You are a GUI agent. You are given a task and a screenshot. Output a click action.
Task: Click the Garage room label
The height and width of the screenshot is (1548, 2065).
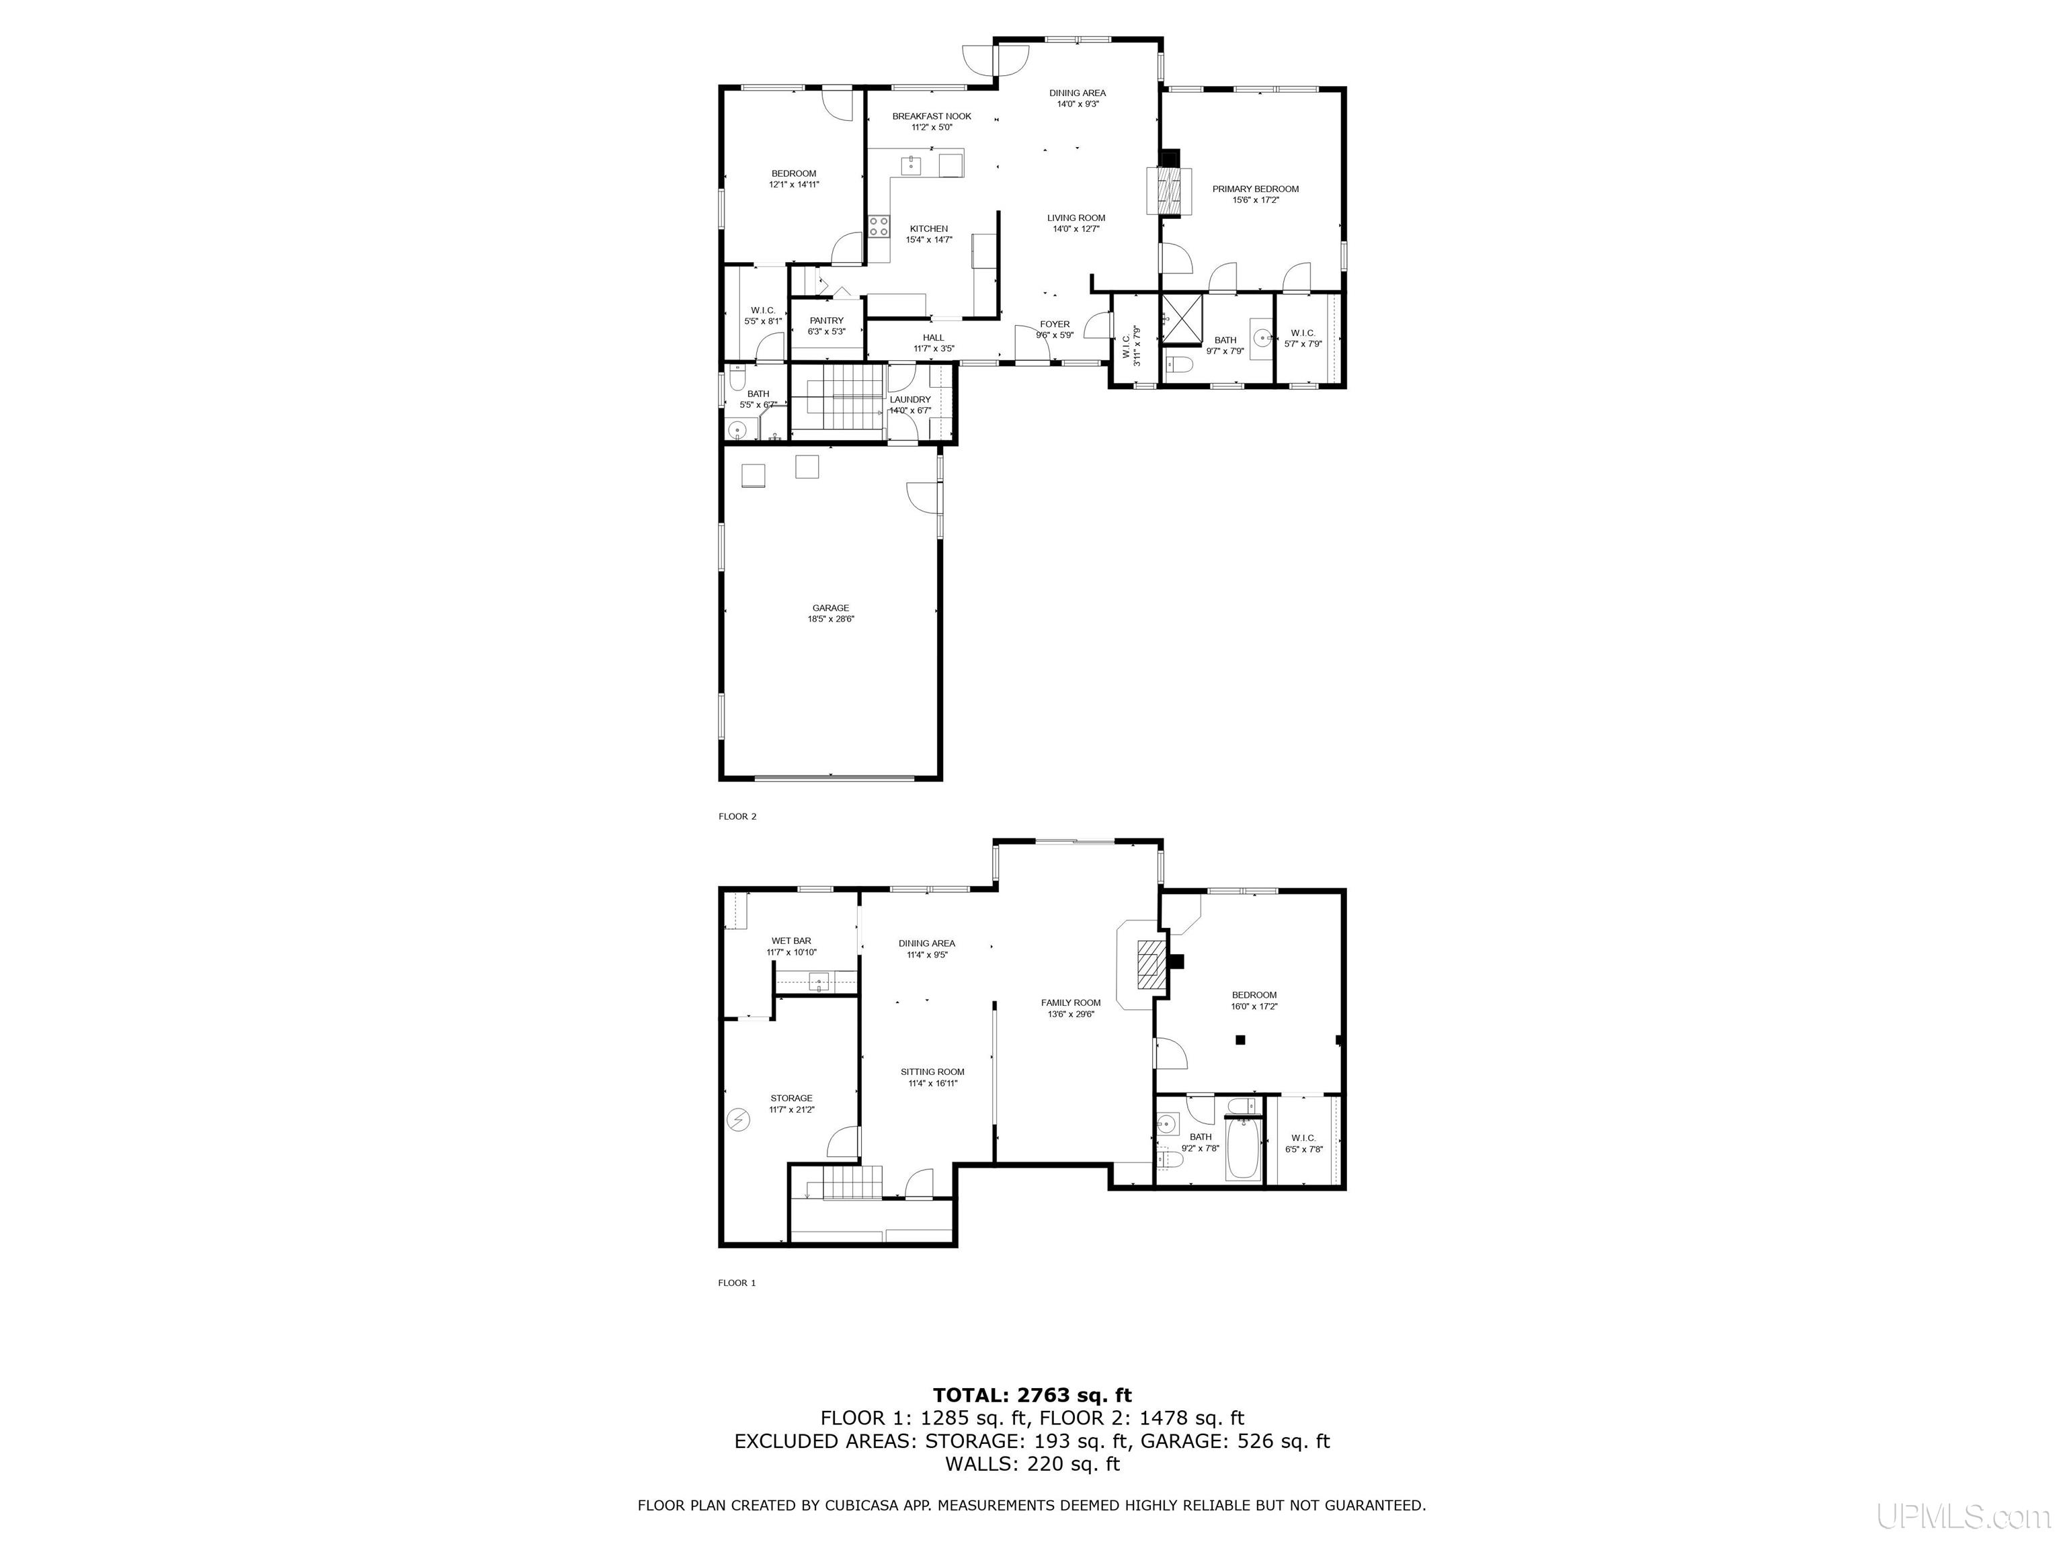[x=830, y=608]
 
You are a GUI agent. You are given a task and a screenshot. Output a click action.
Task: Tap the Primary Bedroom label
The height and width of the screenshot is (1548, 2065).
[x=1255, y=189]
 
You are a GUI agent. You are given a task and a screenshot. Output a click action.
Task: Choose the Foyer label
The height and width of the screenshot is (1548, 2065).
[x=1054, y=325]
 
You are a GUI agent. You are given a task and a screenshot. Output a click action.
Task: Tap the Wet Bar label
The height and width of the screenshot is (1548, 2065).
[x=791, y=941]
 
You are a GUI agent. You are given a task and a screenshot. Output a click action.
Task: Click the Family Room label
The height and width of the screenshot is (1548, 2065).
[x=1071, y=1003]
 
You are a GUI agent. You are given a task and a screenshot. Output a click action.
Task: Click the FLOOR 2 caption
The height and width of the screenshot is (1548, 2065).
[x=737, y=816]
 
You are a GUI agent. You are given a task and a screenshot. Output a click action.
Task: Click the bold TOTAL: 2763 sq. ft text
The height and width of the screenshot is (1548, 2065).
[x=1032, y=1395]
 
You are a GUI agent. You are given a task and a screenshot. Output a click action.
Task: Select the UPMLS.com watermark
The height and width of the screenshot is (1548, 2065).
[x=1962, y=1517]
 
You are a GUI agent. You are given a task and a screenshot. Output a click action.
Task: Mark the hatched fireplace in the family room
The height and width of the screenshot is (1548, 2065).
[x=1150, y=965]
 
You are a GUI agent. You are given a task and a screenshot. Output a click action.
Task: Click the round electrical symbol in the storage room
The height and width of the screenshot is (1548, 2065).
[x=739, y=1119]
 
